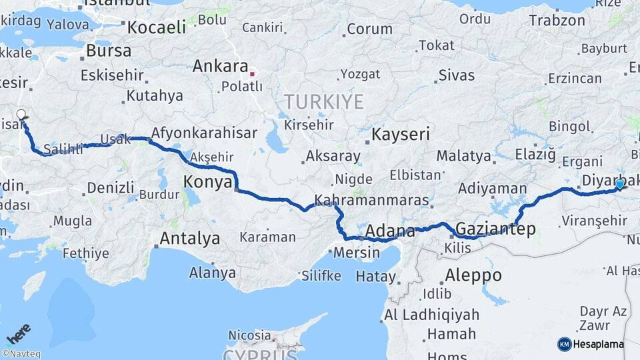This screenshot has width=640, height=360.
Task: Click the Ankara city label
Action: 220,67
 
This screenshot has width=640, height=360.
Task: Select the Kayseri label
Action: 401,135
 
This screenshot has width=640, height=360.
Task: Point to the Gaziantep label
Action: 496,229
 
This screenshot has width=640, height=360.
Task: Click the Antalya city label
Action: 189,238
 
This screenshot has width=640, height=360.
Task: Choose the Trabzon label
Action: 557,21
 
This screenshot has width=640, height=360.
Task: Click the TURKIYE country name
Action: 324,102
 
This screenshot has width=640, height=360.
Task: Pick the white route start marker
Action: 21,115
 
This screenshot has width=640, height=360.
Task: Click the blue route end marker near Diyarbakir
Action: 620,185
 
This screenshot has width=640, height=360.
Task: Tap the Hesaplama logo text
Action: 599,345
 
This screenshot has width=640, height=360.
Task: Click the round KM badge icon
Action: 564,344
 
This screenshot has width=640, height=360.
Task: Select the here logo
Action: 19,333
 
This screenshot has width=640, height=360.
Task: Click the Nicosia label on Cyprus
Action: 249,335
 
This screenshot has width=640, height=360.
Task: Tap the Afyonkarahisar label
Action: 204,133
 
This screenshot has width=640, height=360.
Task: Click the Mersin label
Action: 356,253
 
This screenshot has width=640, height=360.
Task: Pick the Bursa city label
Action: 109,51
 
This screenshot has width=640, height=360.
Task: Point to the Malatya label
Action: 463,157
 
